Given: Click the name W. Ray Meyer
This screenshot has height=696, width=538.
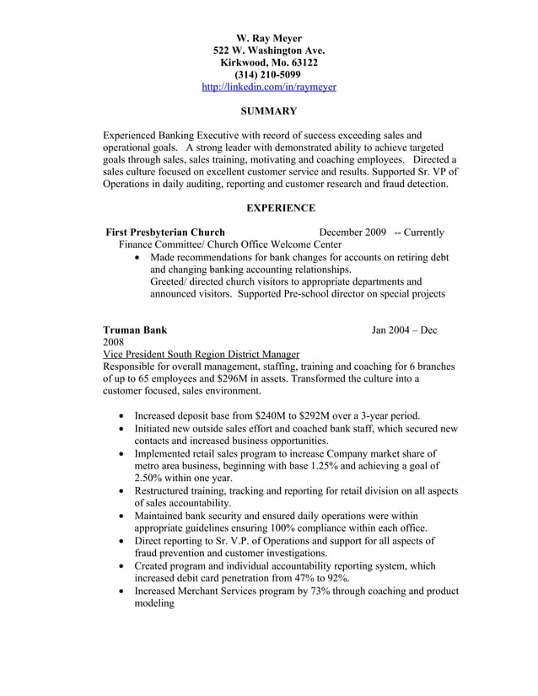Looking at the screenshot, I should click(269, 38).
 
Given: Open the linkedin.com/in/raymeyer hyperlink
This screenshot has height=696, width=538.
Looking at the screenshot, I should click(269, 87).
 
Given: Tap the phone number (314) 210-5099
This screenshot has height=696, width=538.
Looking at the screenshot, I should click(269, 74).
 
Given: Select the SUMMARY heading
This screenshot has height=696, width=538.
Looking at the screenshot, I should click(269, 110).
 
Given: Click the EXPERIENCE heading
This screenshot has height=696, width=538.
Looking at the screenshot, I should click(281, 207).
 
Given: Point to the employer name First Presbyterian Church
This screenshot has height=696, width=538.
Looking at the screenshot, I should click(165, 233).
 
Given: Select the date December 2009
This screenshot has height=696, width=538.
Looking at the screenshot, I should click(352, 233).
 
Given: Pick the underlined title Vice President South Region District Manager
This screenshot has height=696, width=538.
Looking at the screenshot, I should click(201, 355).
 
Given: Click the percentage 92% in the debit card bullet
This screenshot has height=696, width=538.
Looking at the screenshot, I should click(338, 579).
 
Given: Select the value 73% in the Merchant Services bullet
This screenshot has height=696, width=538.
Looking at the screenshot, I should click(301, 592).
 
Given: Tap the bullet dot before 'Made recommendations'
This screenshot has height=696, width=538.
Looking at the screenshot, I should click(139, 257).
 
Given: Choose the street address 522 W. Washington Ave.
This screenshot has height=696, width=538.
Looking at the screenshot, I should click(269, 51).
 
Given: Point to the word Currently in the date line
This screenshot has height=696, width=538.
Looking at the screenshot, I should click(424, 233).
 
